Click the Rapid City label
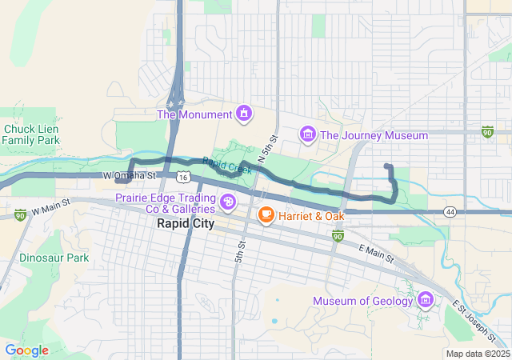185,224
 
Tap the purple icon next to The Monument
242,114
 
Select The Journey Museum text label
374,135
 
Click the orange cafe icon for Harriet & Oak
266,215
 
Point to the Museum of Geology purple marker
426,301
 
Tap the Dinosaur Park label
54,258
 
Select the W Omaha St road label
129,175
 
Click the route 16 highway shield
185,176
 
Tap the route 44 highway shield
451,212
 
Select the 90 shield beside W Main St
20,214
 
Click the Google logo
26,350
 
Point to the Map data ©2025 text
477,354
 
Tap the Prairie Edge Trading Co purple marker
229,201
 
